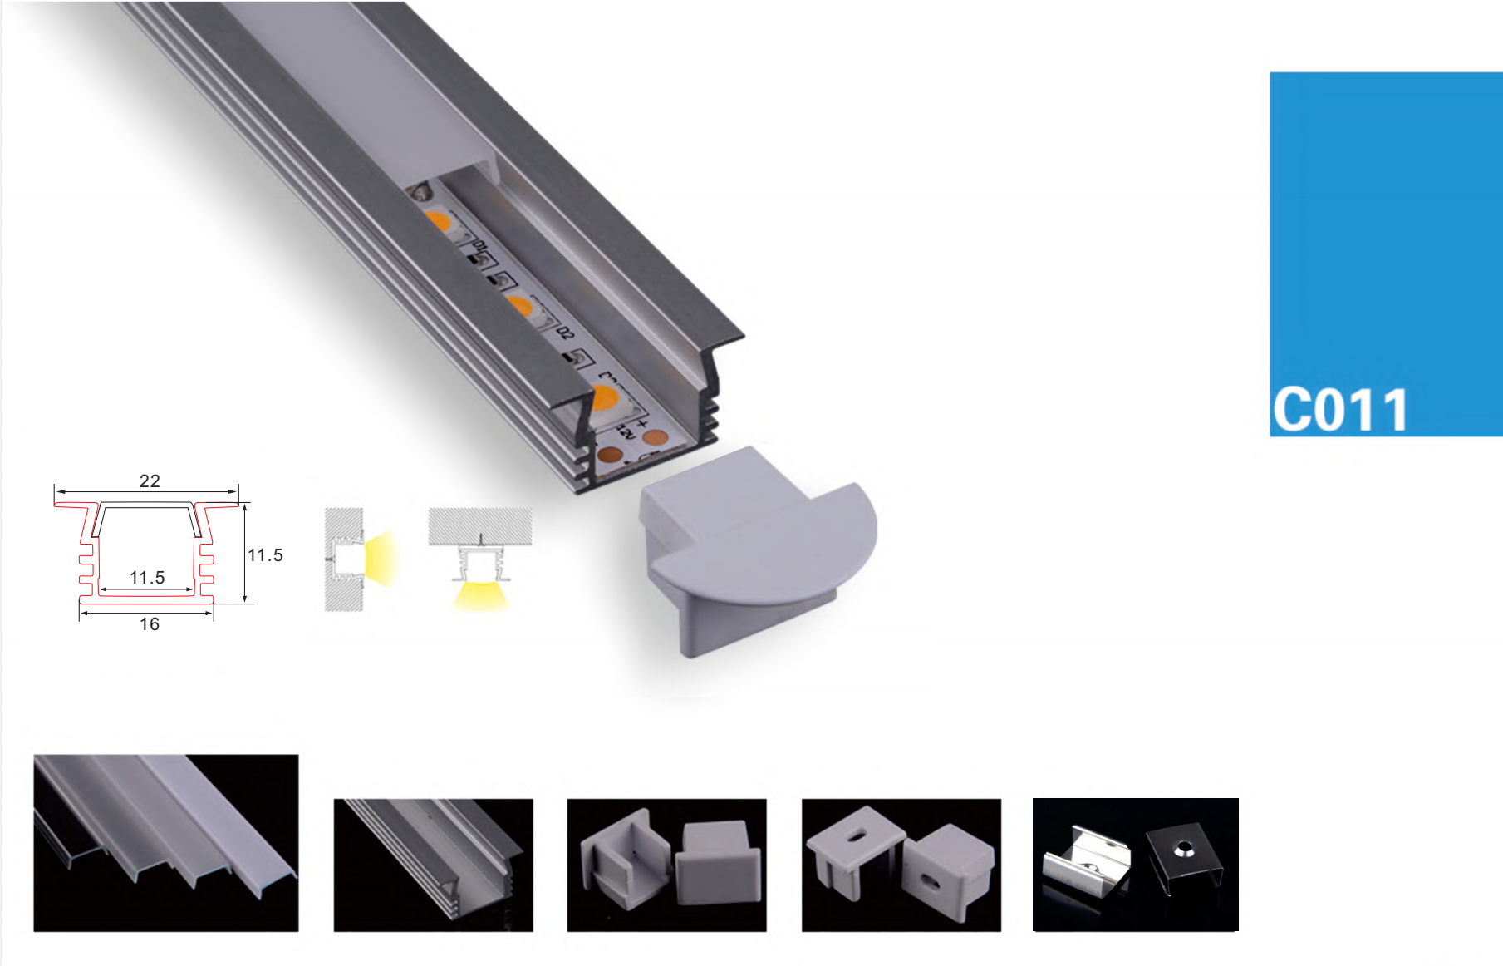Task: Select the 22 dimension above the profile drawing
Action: [x=150, y=481]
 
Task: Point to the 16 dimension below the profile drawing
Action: [x=150, y=624]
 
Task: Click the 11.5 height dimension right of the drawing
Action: [x=265, y=555]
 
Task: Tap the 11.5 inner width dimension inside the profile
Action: [x=147, y=577]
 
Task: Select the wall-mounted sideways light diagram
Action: [x=361, y=559]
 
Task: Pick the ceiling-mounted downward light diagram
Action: [x=480, y=559]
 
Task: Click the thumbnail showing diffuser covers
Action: [x=165, y=843]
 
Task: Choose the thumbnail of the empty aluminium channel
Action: [x=433, y=865]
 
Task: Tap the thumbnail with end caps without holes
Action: [x=666, y=865]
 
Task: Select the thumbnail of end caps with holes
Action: [x=901, y=865]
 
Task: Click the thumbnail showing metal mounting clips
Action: [x=1135, y=865]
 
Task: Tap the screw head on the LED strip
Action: [x=421, y=191]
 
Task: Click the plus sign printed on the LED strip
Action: [x=641, y=425]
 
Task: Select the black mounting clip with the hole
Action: [x=1185, y=859]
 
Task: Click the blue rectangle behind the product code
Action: [x=1386, y=254]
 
